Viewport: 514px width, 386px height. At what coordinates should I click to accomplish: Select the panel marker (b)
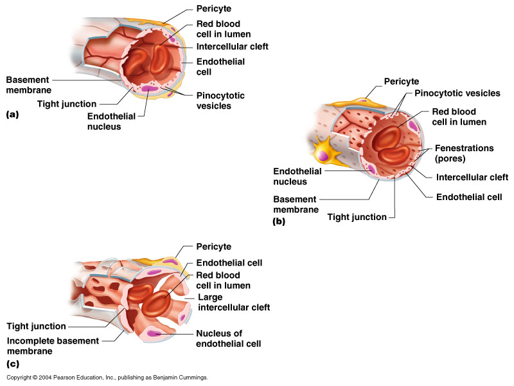point(278,222)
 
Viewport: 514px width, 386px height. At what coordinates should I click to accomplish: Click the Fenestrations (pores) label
point(464,153)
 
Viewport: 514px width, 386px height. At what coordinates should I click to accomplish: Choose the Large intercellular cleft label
point(233,302)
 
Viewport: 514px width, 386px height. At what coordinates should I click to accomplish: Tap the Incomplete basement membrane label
point(53,346)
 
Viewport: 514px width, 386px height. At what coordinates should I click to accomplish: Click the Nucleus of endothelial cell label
point(228,338)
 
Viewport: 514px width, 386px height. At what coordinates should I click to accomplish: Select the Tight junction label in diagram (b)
point(357,217)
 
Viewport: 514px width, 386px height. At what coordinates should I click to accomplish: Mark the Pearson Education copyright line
point(107,378)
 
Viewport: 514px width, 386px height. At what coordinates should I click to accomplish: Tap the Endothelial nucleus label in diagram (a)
point(114,122)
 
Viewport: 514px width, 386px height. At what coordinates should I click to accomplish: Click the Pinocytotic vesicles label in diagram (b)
point(457,94)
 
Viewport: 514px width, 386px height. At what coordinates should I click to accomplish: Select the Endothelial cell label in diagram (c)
point(229,263)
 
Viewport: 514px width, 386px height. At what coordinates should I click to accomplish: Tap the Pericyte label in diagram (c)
point(213,246)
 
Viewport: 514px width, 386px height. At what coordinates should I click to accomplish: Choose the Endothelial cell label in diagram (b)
point(469,197)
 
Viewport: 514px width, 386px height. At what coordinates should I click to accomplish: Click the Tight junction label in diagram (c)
point(36,326)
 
